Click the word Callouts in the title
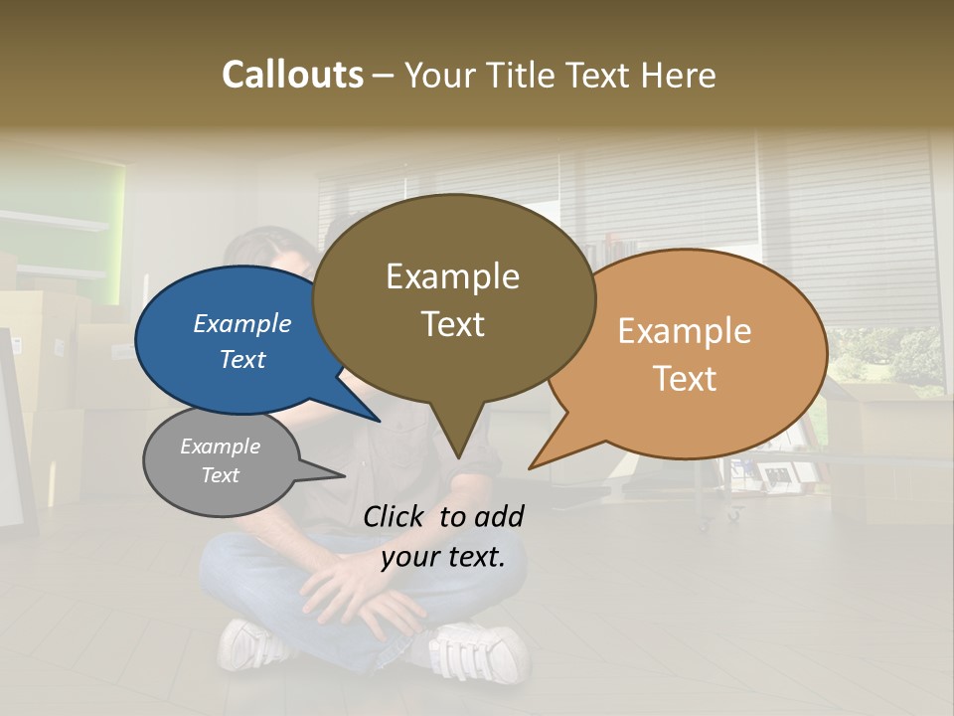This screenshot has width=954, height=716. point(292,75)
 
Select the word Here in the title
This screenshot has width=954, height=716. point(678,75)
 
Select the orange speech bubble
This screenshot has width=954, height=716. point(696,353)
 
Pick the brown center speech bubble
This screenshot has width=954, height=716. point(453,298)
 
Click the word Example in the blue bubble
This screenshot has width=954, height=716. point(241,323)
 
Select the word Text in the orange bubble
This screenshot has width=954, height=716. point(685,379)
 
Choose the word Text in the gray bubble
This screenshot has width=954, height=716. point(221,475)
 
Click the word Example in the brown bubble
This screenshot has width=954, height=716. point(452,276)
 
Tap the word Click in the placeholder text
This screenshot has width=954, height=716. point(395,516)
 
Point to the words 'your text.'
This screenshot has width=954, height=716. point(443,557)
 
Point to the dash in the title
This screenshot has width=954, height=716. point(384,76)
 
